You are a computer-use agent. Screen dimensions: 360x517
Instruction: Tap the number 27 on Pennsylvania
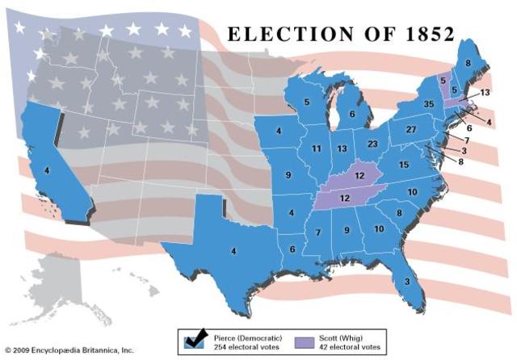tap(410, 130)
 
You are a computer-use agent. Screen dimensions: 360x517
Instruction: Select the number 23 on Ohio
tap(372, 144)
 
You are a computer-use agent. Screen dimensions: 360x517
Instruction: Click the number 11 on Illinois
tap(317, 149)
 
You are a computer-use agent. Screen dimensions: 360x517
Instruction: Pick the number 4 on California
tap(47, 170)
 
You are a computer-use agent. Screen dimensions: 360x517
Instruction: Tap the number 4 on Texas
tap(233, 251)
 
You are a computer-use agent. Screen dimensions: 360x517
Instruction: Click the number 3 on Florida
tap(406, 281)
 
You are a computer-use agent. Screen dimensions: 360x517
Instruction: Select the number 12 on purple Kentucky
tap(360, 177)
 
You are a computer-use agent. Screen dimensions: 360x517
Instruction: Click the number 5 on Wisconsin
tap(307, 102)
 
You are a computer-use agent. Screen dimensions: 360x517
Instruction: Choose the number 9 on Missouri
tap(288, 175)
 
